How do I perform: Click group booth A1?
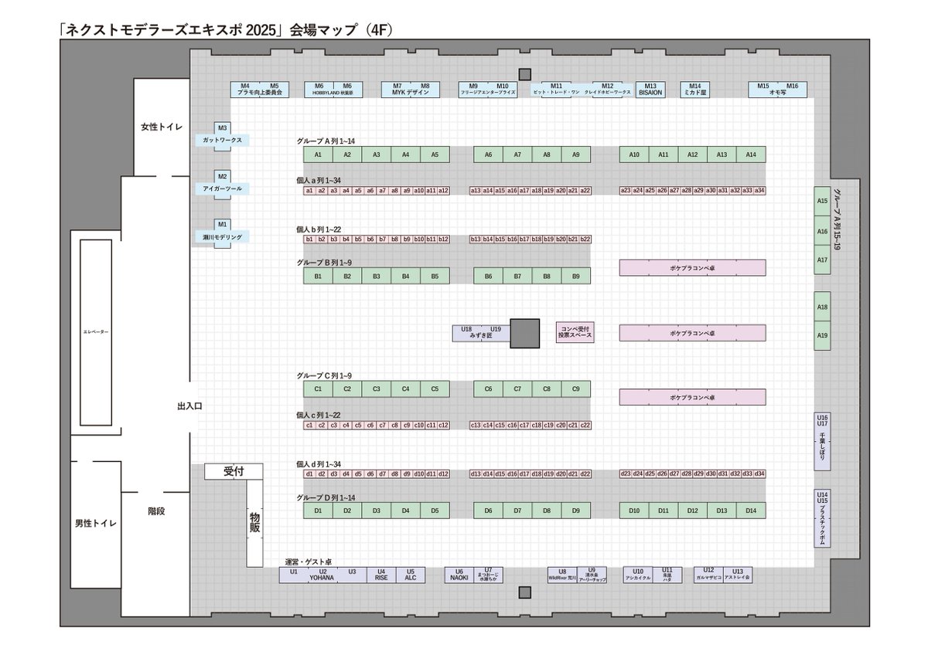click(x=318, y=154)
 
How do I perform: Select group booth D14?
click(x=751, y=511)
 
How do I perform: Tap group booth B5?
click(x=435, y=276)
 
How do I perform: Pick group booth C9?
click(x=575, y=389)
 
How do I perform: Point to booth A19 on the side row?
click(x=822, y=336)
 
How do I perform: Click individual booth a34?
click(x=759, y=190)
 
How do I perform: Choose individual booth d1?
click(x=309, y=473)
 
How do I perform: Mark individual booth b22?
click(x=585, y=239)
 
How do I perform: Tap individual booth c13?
click(x=476, y=425)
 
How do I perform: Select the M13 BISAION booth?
click(x=650, y=89)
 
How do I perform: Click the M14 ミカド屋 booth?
click(x=694, y=89)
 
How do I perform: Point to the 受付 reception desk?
click(x=234, y=471)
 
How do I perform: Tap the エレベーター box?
click(x=96, y=331)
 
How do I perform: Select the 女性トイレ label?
click(x=161, y=126)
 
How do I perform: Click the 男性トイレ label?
click(x=96, y=524)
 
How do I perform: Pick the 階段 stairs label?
click(x=156, y=511)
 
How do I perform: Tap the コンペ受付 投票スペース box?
click(x=575, y=332)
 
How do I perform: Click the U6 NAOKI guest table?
click(x=459, y=575)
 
